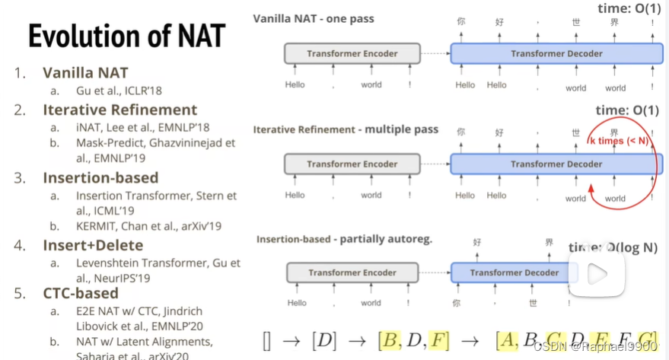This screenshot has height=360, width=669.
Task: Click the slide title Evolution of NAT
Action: (126, 36)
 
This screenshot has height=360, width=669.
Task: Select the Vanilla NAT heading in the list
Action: (85, 73)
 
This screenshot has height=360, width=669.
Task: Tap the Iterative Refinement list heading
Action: (119, 110)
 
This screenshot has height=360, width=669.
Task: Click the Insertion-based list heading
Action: (100, 177)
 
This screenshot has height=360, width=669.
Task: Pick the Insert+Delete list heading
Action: (93, 245)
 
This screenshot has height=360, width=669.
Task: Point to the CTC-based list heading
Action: (81, 293)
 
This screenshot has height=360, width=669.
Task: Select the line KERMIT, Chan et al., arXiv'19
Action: (148, 226)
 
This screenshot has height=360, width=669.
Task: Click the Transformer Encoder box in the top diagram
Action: (352, 54)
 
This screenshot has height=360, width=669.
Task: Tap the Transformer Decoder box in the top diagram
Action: (556, 54)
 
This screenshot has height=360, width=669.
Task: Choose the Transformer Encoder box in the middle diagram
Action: (352, 164)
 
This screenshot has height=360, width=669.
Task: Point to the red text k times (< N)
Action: (617, 141)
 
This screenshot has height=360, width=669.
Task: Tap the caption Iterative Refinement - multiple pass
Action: (346, 129)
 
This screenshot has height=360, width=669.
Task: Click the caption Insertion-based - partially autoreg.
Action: (344, 239)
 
